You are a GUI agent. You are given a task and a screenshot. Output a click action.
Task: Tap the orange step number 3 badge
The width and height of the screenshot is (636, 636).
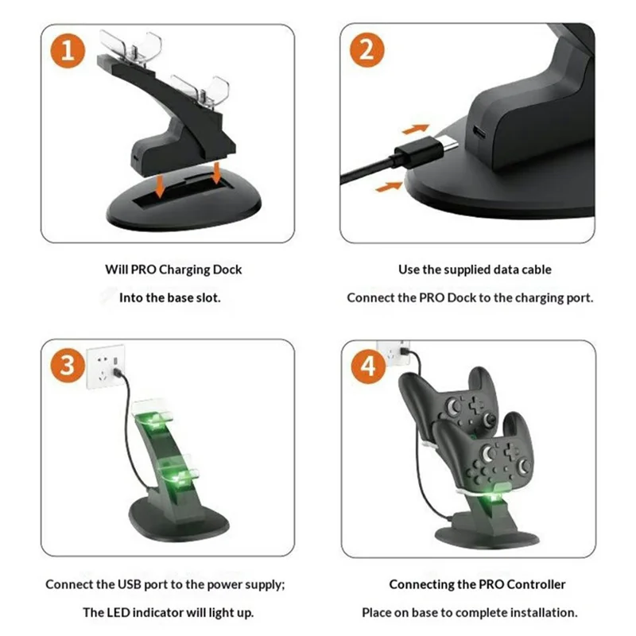[x=70, y=366]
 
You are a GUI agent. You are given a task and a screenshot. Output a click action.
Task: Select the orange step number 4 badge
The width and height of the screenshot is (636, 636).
[x=366, y=366]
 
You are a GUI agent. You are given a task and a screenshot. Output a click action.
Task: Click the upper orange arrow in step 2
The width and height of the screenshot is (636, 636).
[x=414, y=127]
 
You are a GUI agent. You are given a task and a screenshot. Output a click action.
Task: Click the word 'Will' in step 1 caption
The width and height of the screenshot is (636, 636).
[x=117, y=270]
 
